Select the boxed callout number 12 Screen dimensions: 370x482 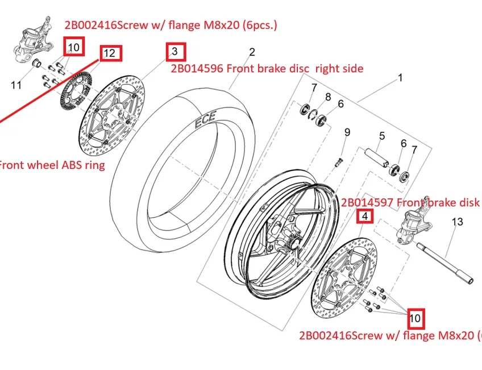(111, 53)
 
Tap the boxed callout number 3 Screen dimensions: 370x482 (175, 51)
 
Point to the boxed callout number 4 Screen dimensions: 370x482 (365, 216)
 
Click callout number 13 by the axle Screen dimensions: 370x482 (458, 222)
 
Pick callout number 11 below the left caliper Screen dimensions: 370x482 (16, 85)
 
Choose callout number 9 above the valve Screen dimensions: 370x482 (347, 132)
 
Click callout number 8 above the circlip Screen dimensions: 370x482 (328, 97)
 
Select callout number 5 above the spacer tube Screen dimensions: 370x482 (382, 136)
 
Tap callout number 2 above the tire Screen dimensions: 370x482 (252, 52)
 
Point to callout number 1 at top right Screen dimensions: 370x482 (400, 78)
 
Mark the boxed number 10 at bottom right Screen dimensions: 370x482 (415, 319)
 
